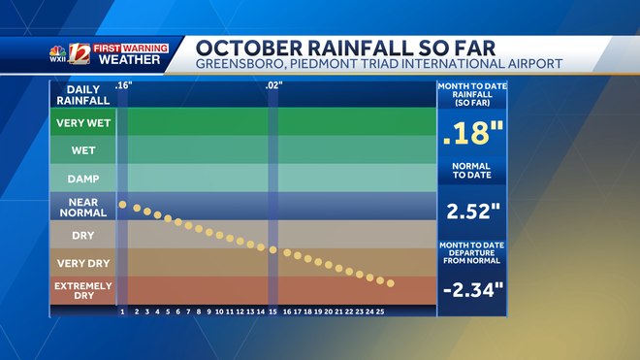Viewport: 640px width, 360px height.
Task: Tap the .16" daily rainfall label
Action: (x=123, y=86)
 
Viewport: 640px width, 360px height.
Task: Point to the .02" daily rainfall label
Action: (x=273, y=86)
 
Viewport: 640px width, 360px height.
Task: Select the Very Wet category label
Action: (x=82, y=123)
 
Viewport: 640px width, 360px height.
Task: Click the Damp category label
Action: (x=82, y=179)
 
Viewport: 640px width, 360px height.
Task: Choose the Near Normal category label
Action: (x=82, y=208)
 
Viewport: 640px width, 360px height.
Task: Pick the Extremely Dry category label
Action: (x=82, y=290)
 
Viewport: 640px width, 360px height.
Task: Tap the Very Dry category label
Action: (x=82, y=263)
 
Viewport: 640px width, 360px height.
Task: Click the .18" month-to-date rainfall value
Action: (x=471, y=135)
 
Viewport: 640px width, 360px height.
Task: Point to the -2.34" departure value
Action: (x=471, y=289)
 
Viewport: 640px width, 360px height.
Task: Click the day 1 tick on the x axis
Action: (x=122, y=311)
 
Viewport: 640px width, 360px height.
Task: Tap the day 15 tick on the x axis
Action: (x=273, y=311)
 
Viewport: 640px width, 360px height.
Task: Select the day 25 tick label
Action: (x=381, y=311)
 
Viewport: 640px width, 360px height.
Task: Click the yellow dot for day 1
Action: (x=123, y=204)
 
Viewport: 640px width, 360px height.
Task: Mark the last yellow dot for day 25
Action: (x=391, y=283)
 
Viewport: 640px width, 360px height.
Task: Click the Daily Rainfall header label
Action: (x=82, y=94)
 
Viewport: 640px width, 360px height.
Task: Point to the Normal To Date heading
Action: (x=471, y=172)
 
